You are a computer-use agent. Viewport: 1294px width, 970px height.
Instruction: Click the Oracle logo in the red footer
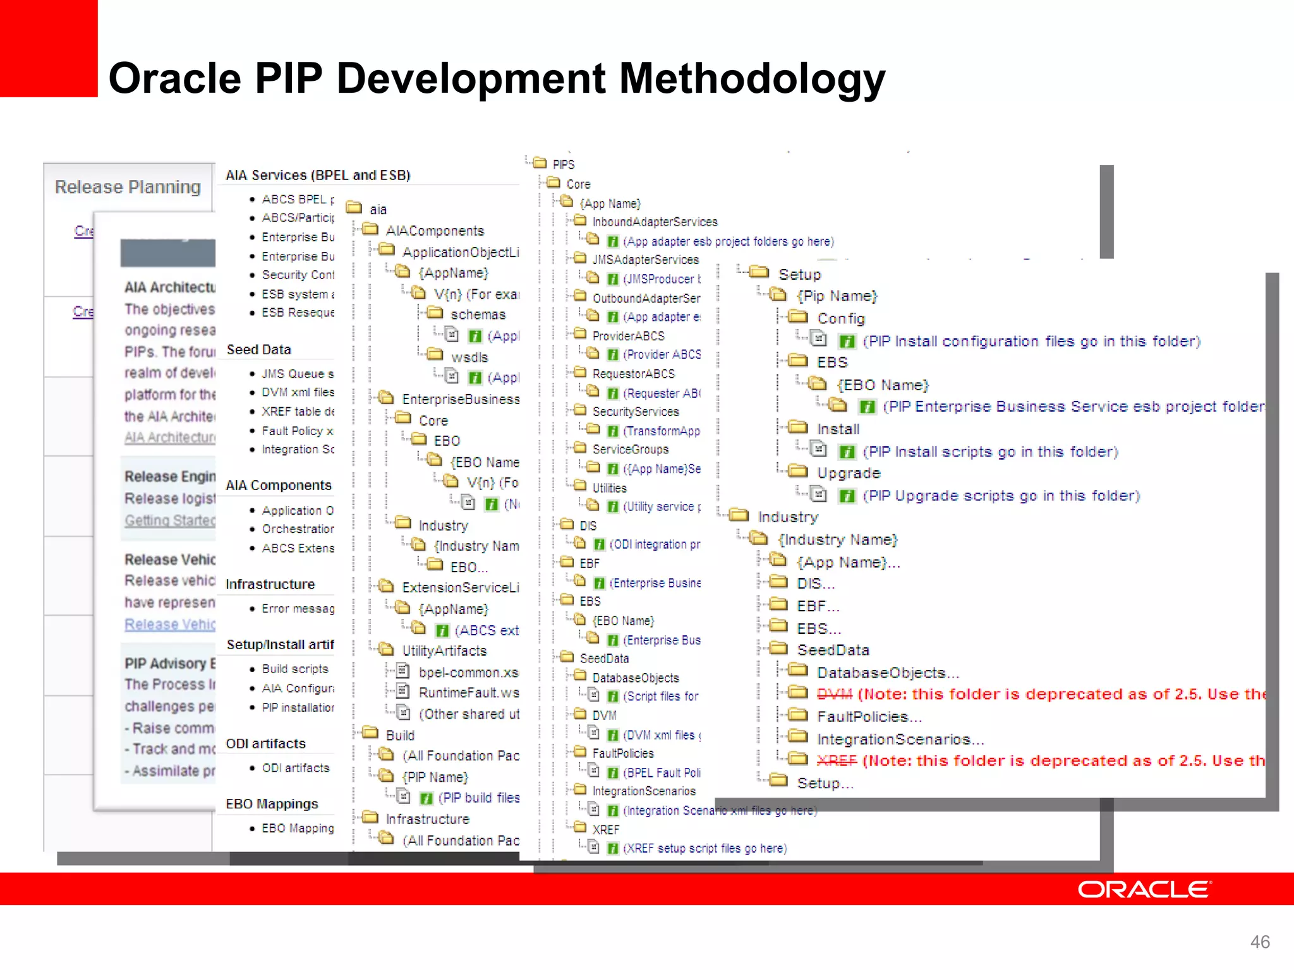click(x=1144, y=889)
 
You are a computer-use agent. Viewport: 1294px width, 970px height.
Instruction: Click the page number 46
click(x=1260, y=942)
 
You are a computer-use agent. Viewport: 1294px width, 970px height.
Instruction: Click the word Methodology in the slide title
click(x=752, y=78)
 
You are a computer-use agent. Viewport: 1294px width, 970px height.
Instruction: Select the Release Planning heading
click(x=128, y=187)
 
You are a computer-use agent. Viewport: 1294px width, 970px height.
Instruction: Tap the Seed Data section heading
click(x=258, y=349)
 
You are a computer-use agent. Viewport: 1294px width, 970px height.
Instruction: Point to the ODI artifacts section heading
click(x=265, y=743)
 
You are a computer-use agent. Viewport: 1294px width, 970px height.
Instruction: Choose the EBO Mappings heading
click(x=272, y=804)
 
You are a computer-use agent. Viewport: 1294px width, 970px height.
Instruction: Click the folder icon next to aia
click(x=354, y=208)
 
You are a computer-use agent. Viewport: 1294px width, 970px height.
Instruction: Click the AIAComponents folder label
click(x=435, y=231)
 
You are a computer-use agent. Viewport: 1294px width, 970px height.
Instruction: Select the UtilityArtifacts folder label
click(x=444, y=650)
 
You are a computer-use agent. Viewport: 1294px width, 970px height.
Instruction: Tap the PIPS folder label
click(x=563, y=164)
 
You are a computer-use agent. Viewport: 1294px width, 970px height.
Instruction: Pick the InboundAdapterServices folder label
click(x=655, y=222)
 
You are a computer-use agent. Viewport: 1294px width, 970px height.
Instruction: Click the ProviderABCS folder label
click(x=628, y=335)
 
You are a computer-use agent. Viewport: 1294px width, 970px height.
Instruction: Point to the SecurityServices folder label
click(x=635, y=411)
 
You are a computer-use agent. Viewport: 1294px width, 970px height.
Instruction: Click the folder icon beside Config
click(x=798, y=316)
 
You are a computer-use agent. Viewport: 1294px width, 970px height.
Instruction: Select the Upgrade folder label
click(x=848, y=473)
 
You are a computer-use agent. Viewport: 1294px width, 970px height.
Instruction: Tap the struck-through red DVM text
click(x=834, y=694)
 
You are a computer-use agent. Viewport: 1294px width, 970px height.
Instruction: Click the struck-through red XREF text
click(x=836, y=760)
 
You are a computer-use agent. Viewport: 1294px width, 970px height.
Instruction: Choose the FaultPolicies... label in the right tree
click(x=869, y=717)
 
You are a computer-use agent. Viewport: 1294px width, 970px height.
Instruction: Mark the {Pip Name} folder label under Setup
click(x=837, y=296)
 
